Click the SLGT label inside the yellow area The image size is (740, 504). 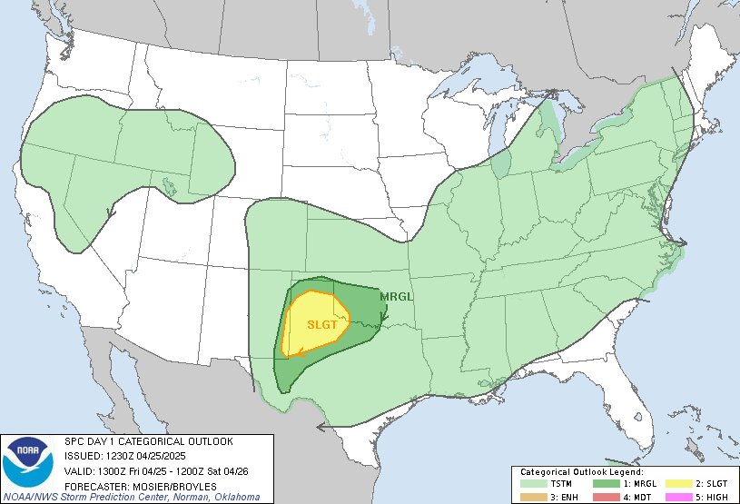(x=321, y=325)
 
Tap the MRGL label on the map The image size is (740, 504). (x=397, y=297)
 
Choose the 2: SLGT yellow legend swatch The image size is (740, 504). (x=673, y=485)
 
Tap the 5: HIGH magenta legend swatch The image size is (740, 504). (x=673, y=498)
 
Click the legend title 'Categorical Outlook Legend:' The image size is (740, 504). (x=582, y=472)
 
